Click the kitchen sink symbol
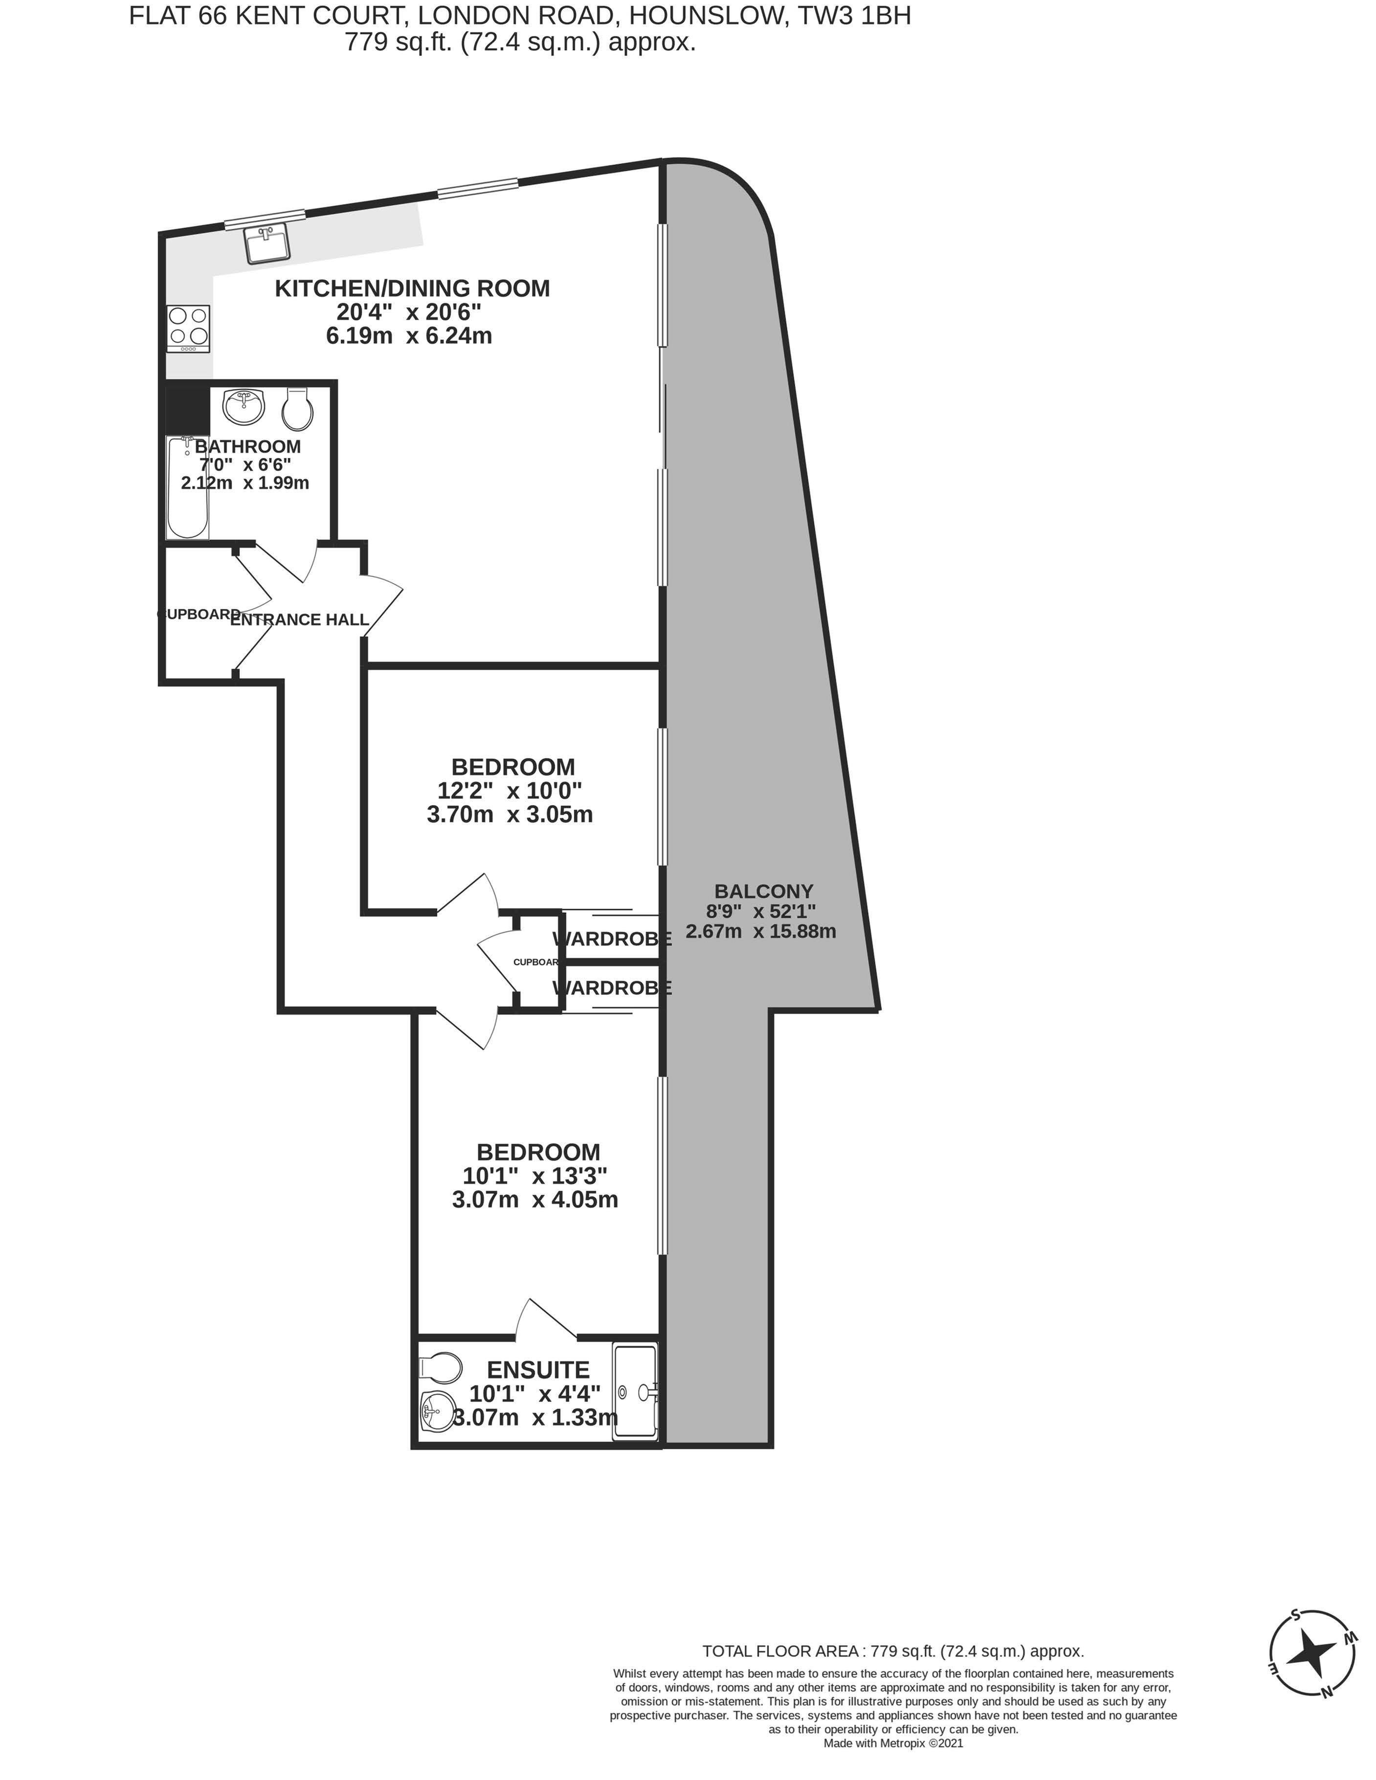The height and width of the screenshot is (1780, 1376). tap(267, 243)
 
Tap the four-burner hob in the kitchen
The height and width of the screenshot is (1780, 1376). tap(188, 329)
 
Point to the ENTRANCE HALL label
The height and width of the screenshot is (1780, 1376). tap(299, 619)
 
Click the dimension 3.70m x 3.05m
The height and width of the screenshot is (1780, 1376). tap(510, 814)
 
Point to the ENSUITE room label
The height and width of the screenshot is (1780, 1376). tap(538, 1369)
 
